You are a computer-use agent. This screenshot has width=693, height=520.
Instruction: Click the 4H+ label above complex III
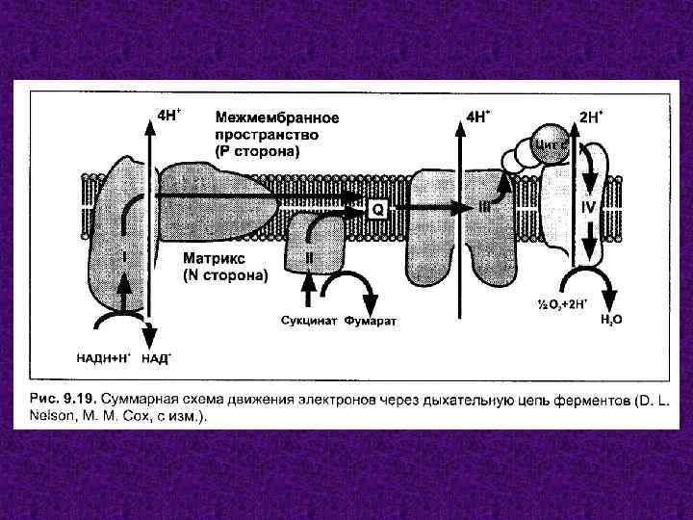477,116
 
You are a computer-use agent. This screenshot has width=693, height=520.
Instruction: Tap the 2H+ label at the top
592,117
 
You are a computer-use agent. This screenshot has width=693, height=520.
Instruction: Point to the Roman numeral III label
486,207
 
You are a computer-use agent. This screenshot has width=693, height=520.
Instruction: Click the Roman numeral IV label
590,205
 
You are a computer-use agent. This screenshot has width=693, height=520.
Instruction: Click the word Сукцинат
309,320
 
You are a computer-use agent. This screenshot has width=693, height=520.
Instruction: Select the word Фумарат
371,320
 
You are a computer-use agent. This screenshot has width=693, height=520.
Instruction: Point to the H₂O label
610,318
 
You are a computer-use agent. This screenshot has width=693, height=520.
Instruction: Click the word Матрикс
213,258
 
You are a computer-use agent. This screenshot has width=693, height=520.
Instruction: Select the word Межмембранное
276,118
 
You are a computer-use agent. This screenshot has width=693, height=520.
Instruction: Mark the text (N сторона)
225,275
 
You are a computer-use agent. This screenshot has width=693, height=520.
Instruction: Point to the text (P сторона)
257,151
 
